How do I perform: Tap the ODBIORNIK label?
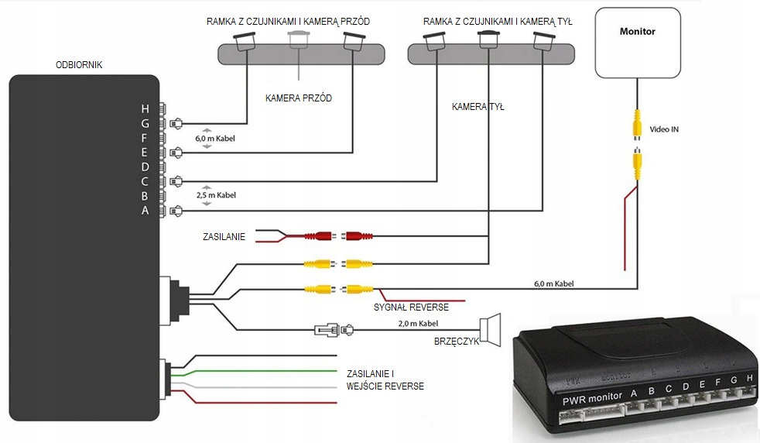tap(79, 65)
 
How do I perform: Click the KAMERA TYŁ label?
tap(478, 107)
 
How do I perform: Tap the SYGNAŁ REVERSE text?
tap(411, 307)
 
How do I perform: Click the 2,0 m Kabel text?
tap(417, 323)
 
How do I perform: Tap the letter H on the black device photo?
tap(749, 377)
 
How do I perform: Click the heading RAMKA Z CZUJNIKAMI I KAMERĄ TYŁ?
tap(498, 22)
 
